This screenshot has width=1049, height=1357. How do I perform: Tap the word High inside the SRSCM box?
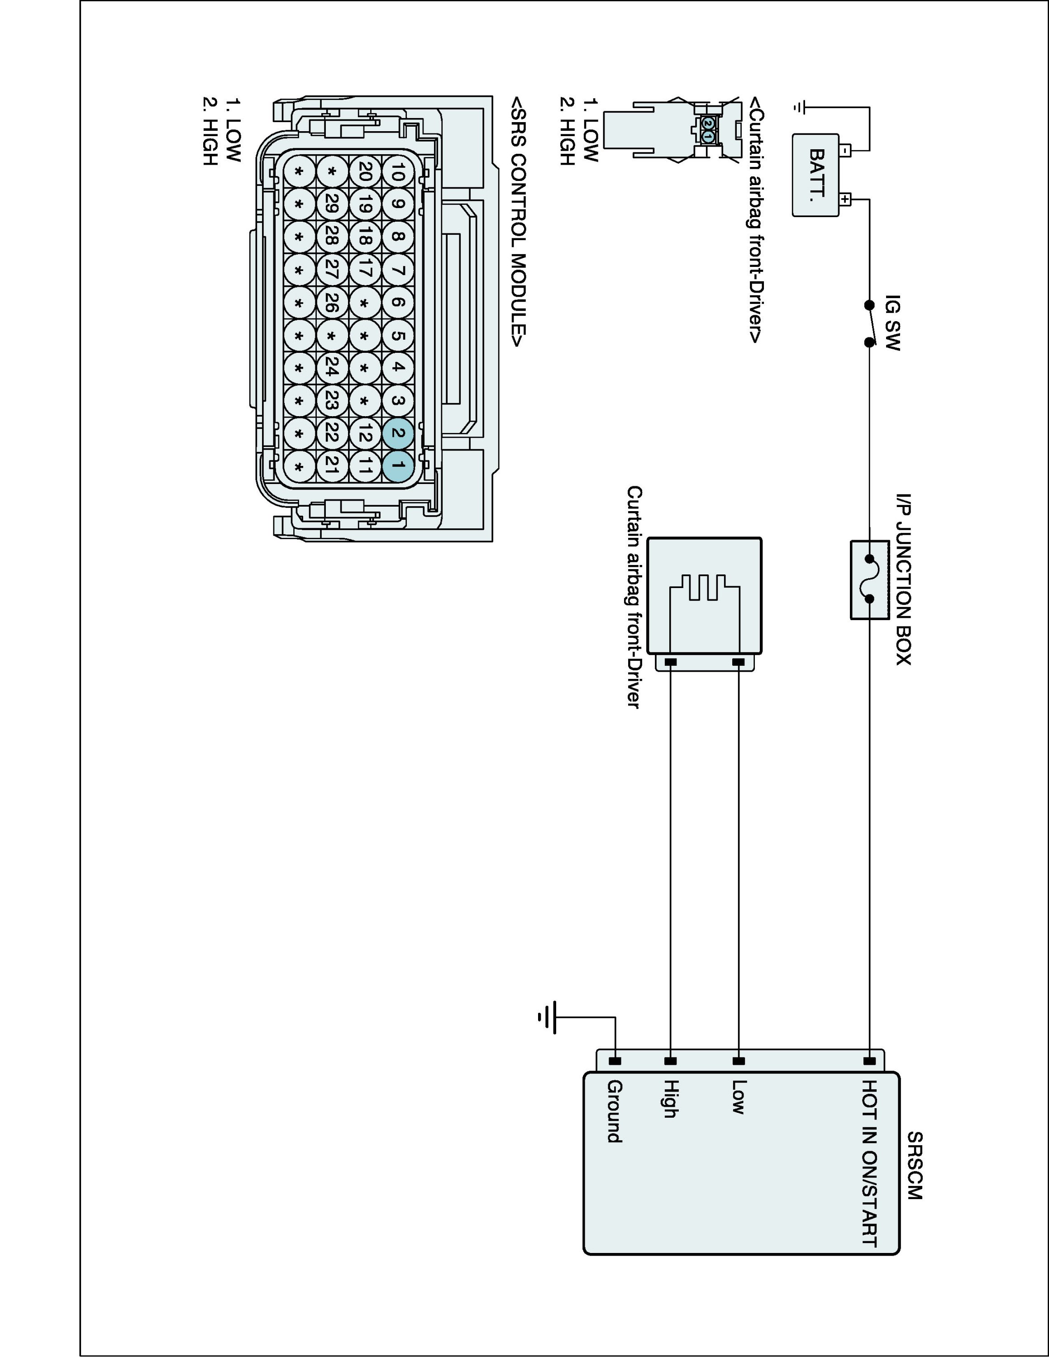point(670,1099)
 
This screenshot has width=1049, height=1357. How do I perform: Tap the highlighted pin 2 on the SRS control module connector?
point(398,433)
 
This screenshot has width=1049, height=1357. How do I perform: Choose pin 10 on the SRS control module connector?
point(398,171)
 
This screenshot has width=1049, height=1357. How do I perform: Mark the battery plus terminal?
point(846,199)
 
